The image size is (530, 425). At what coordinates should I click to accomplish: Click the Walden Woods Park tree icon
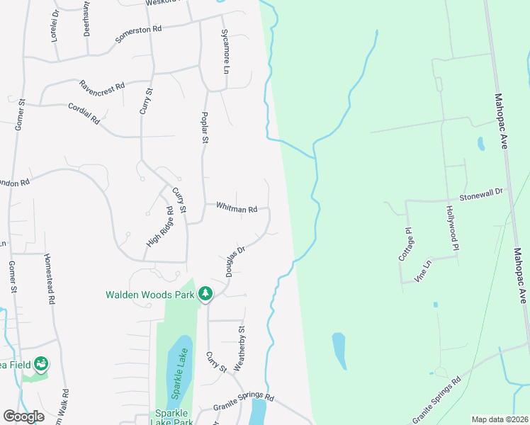tap(205, 293)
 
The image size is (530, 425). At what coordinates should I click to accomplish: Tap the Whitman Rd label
tap(237, 208)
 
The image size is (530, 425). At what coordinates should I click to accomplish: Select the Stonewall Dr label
tap(480, 193)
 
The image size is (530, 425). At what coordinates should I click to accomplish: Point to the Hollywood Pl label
tap(452, 227)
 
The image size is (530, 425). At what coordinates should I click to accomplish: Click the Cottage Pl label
tap(405, 244)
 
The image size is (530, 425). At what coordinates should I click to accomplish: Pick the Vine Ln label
tap(427, 272)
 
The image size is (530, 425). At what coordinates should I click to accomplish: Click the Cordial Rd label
tap(83, 113)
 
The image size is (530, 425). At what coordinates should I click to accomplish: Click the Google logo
tap(23, 416)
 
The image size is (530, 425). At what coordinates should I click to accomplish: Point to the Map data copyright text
tap(499, 419)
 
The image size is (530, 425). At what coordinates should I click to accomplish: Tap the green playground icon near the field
tap(41, 364)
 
